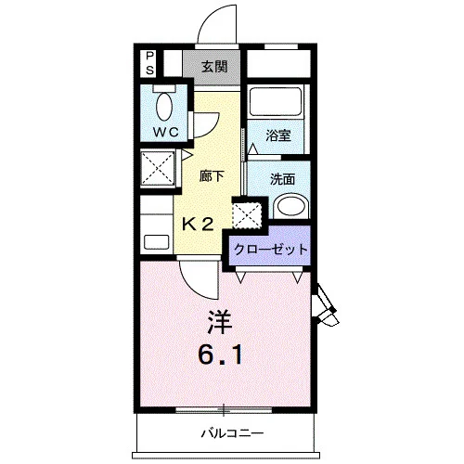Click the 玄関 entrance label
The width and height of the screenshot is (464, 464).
[214, 67]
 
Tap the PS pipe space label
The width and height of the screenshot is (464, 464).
[149, 63]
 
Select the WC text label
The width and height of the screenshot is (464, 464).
[166, 133]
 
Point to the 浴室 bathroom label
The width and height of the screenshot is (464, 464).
[278, 135]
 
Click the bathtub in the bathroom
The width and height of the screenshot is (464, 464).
[276, 102]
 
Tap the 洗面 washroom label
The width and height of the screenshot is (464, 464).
[282, 179]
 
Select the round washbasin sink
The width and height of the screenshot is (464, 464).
[290, 206]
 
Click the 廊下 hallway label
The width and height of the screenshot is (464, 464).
[212, 176]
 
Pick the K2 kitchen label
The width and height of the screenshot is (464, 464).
[198, 224]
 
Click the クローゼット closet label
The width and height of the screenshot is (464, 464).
[271, 250]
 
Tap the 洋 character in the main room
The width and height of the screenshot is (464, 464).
[219, 322]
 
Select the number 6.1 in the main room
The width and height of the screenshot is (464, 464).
[220, 355]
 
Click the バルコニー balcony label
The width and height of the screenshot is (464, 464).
[232, 433]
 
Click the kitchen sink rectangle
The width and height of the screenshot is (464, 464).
[157, 242]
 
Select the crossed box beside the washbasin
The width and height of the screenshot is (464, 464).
[247, 215]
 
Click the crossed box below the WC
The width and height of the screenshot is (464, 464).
[158, 168]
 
